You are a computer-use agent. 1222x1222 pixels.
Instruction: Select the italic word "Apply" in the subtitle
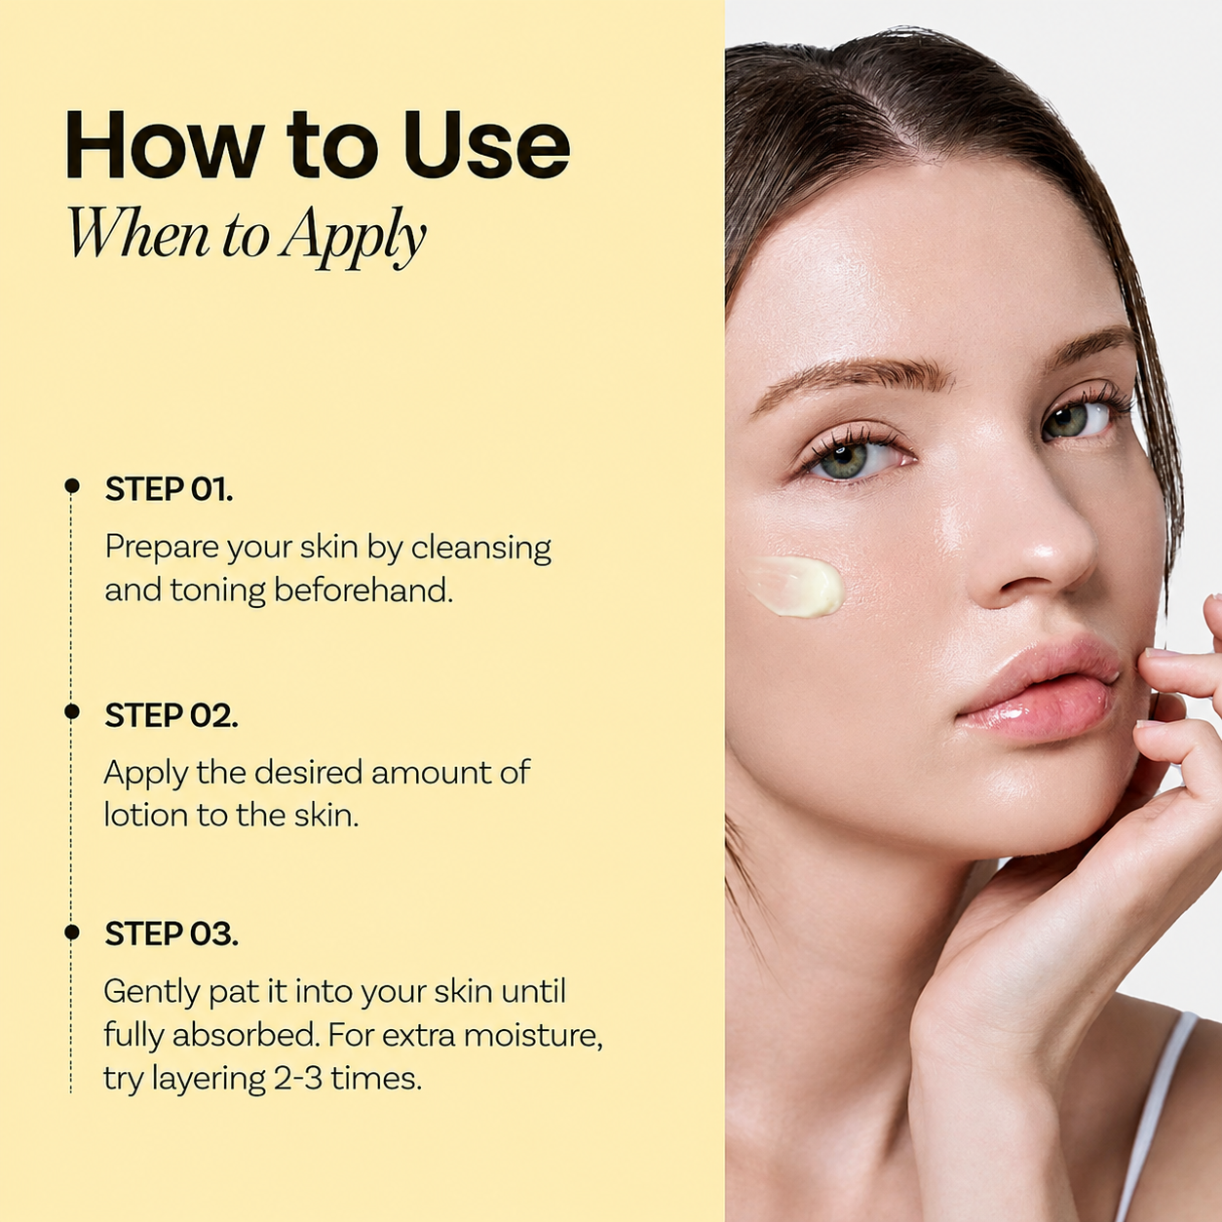355,237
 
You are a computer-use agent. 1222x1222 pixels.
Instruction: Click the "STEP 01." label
169,489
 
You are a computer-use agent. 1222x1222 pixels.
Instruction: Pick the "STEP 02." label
172,716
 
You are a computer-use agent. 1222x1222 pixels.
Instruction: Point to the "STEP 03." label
172,935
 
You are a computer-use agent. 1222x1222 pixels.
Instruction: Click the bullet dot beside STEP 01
72,486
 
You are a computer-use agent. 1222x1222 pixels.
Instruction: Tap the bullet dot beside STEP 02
72,711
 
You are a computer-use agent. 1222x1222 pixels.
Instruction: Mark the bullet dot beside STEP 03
72,933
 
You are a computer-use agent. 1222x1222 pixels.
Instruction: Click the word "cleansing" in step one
481,548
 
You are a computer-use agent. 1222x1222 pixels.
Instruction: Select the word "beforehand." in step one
363,591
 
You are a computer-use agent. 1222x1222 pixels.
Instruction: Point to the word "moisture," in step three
533,1036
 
